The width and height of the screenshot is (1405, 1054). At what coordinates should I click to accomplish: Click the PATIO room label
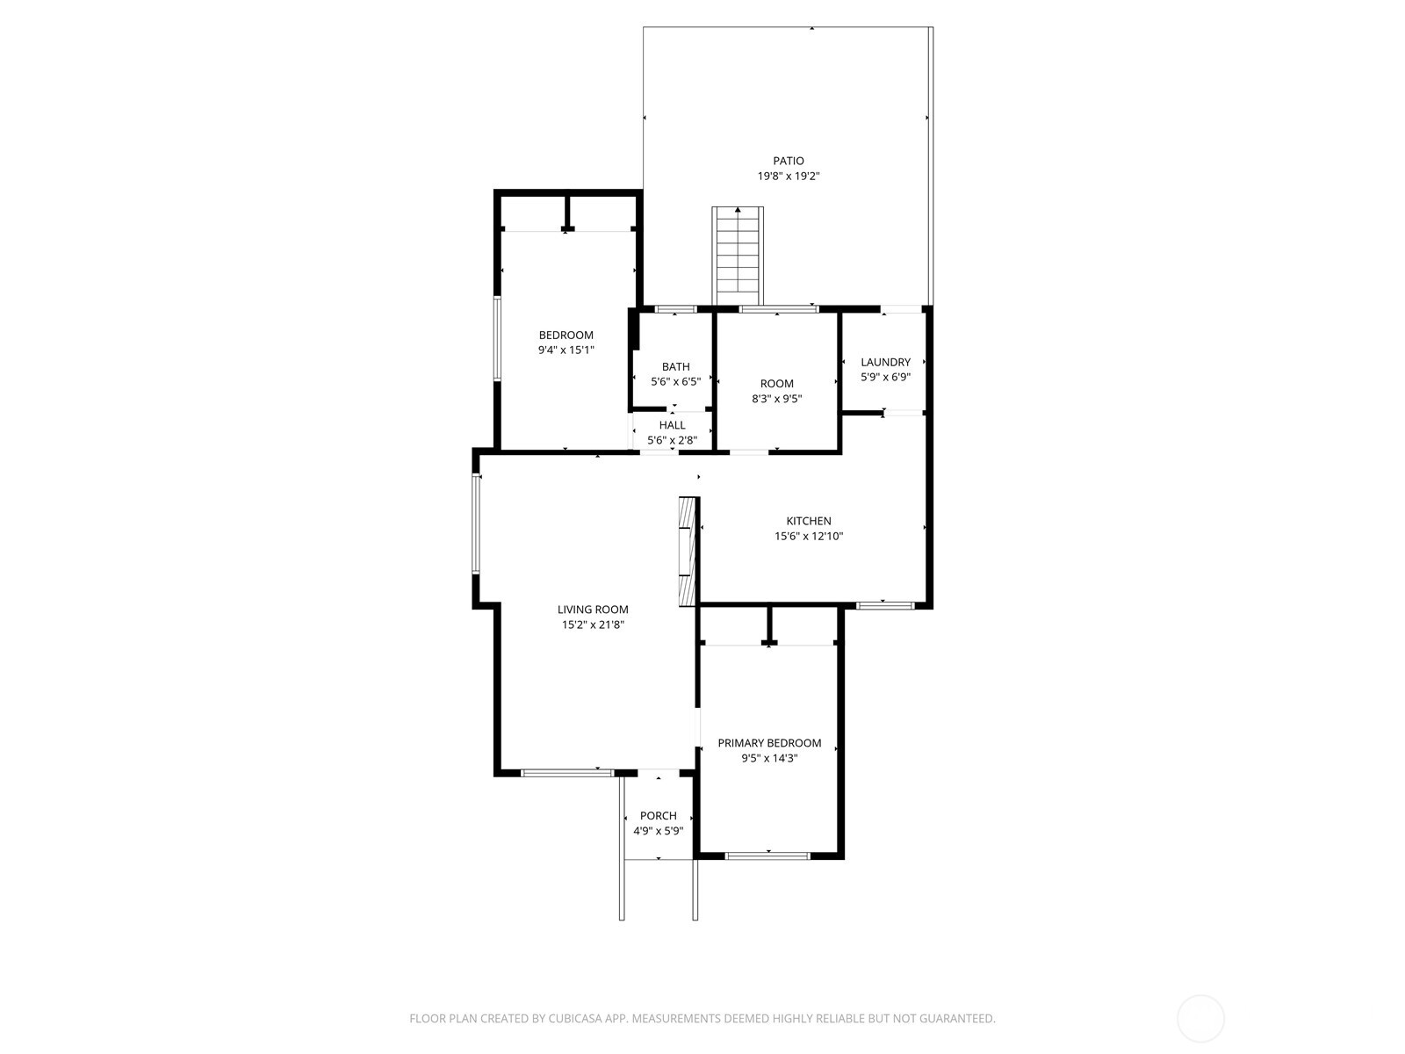tap(788, 161)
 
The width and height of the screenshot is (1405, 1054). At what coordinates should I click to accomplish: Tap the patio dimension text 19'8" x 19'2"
tap(788, 176)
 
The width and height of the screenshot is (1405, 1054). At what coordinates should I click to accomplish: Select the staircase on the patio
tap(737, 255)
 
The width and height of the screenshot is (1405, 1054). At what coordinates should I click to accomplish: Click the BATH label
tap(675, 366)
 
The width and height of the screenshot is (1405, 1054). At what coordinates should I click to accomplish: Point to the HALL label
tap(672, 425)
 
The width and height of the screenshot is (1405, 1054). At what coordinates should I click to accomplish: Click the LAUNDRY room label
tap(885, 362)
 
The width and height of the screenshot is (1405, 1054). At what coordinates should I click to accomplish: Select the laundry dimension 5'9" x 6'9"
tap(885, 377)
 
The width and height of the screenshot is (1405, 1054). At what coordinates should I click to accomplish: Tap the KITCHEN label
tap(808, 521)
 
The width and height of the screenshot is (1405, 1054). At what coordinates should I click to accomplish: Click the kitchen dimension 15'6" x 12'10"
tap(808, 536)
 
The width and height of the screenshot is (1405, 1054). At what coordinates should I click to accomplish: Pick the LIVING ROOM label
tap(593, 610)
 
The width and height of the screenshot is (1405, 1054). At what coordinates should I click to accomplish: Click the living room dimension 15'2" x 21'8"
tap(593, 624)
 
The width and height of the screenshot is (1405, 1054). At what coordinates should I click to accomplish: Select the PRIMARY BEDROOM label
tap(769, 743)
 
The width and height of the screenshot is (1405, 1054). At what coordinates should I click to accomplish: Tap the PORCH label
tap(658, 816)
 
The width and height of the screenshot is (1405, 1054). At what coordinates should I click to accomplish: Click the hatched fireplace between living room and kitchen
tap(687, 551)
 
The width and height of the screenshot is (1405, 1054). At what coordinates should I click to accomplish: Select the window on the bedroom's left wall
tap(496, 338)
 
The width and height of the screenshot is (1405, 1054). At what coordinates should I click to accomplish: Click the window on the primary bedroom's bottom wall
tap(767, 855)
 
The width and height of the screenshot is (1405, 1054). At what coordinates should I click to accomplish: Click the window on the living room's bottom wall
tap(566, 773)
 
